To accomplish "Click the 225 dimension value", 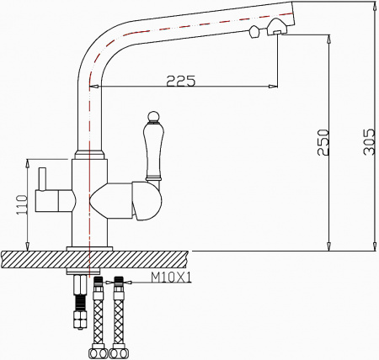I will click(x=179, y=81).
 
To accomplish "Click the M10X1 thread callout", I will click(x=172, y=277).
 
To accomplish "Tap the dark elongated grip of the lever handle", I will click(x=152, y=151).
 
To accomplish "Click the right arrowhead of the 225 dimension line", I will click(x=273, y=87).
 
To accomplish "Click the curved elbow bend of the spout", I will click(x=95, y=50).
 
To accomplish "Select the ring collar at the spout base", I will click(x=89, y=154).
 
